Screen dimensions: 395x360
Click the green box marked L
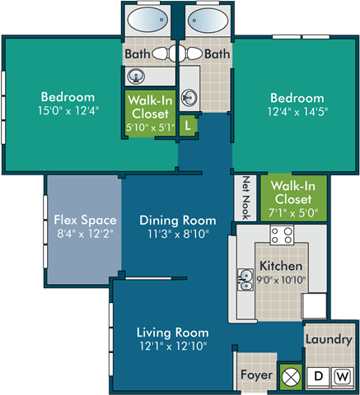coord(189,126)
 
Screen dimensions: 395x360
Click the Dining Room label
coord(177,220)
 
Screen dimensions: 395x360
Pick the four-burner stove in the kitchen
coord(282,236)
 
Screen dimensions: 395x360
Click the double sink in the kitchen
coord(245,281)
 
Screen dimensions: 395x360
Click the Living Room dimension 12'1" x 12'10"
coord(172,346)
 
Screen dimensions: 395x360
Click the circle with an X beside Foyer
coord(290,375)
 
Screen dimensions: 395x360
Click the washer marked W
coord(343,376)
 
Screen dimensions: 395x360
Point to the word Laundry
coord(329,339)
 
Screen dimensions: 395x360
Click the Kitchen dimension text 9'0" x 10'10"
coord(281,280)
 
